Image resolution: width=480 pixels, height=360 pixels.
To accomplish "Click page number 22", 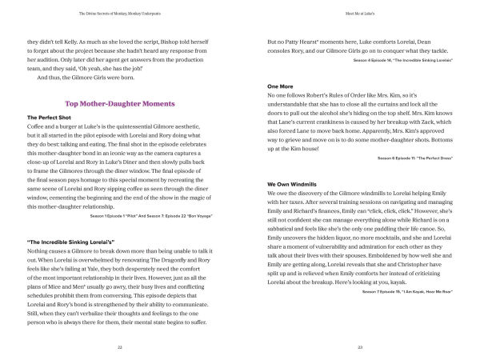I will pos(120,348).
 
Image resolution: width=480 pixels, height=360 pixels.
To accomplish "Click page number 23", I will pos(361,348).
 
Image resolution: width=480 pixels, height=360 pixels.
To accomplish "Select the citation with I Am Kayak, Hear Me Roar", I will pos(407,302).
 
